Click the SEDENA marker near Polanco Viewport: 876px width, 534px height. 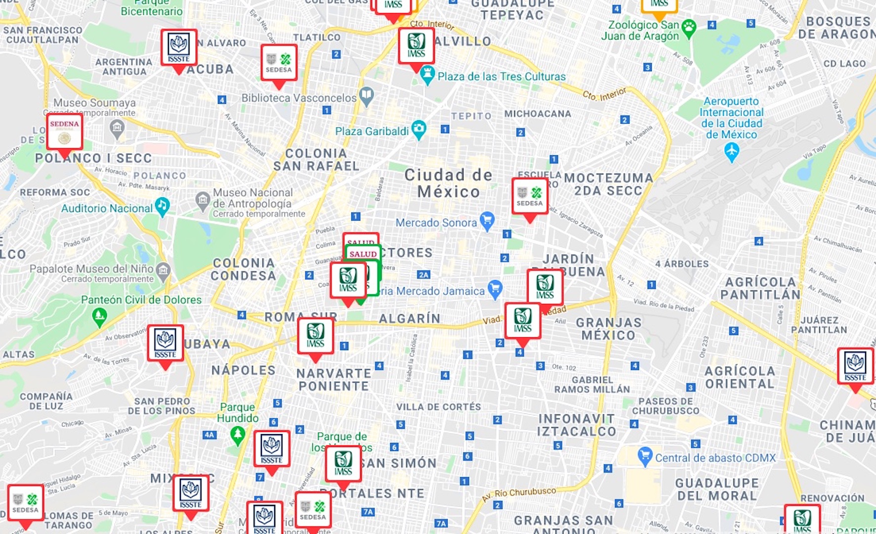tap(64, 132)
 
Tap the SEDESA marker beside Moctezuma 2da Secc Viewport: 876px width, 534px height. tap(530, 196)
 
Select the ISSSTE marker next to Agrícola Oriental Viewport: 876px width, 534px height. tap(855, 366)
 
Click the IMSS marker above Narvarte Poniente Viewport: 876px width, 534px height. tap(315, 336)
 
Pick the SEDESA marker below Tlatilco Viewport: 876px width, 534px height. tap(279, 63)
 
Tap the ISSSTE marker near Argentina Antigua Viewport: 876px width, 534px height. tap(178, 47)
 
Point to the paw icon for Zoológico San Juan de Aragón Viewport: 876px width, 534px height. tap(688, 28)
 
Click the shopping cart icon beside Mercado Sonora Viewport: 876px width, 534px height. tap(487, 221)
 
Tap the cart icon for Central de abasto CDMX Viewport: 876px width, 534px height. tap(645, 456)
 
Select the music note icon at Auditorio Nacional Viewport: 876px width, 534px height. tap(162, 206)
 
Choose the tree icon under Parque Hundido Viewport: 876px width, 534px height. tap(238, 435)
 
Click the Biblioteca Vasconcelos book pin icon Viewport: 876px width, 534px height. tap(366, 96)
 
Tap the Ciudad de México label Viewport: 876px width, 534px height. tap(448, 183)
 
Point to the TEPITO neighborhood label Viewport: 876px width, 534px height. tap(471, 116)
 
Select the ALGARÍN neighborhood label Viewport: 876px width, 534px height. tap(409, 318)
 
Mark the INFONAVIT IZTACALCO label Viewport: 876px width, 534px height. tap(576, 425)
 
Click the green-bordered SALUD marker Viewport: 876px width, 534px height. tap(364, 254)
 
